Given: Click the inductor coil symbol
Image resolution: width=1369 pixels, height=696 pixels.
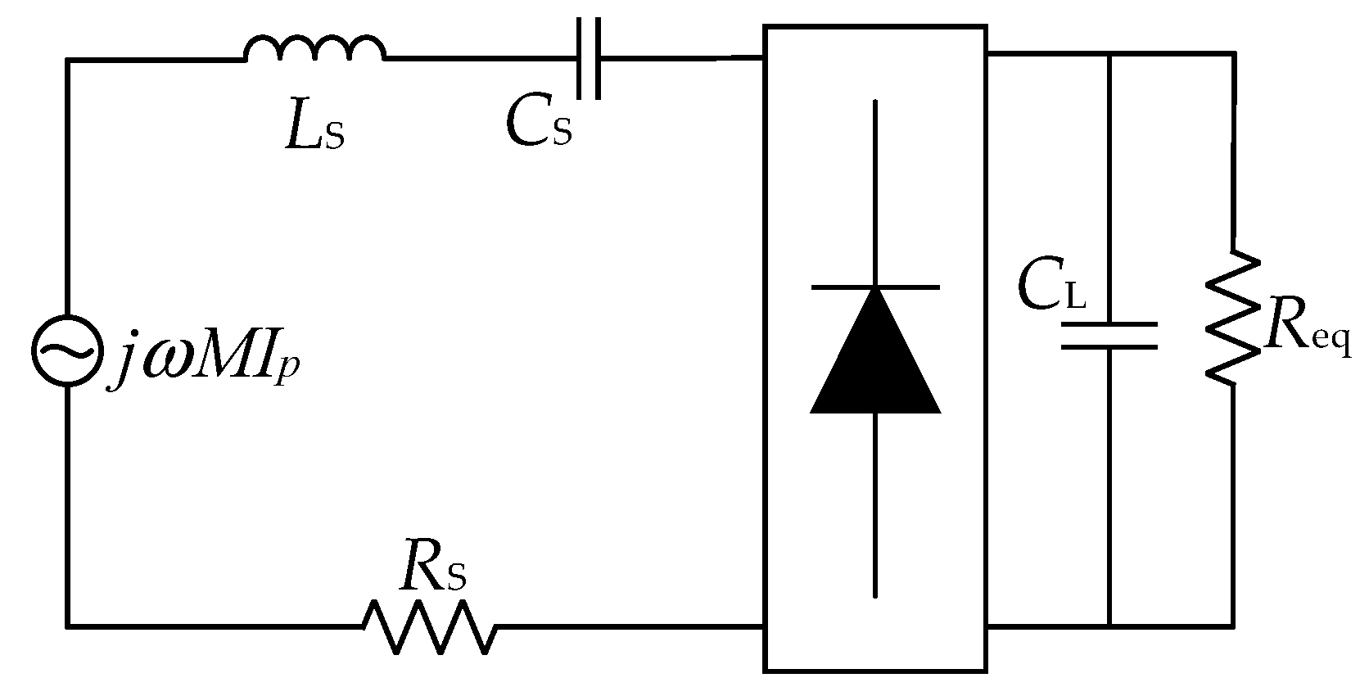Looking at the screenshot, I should coord(314,49).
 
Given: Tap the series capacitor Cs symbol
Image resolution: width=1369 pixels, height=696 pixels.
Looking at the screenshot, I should coord(588,58).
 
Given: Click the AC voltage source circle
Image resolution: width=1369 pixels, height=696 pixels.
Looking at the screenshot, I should coord(67,350).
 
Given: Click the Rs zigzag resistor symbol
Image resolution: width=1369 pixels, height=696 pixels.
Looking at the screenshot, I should coord(429,627).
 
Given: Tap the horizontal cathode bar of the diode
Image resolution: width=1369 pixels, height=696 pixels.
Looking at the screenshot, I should coord(875,287).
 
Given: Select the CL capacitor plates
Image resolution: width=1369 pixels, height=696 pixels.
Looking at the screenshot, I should coord(1109,336).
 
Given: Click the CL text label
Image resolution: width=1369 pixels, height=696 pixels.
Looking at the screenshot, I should coord(1051,287).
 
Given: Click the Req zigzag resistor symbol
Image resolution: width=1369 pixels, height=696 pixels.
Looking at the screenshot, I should coord(1231,315).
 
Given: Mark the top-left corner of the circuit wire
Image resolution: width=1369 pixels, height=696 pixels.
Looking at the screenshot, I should coord(68,60).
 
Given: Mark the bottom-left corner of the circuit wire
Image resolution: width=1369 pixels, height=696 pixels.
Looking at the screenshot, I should coord(68,626).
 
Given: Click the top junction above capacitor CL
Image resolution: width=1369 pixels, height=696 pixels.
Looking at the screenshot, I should coord(1109,54).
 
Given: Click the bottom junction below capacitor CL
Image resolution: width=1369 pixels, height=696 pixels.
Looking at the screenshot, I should coord(1109,626).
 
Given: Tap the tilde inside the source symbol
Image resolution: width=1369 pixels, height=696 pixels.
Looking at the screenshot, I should coord(67,351).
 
